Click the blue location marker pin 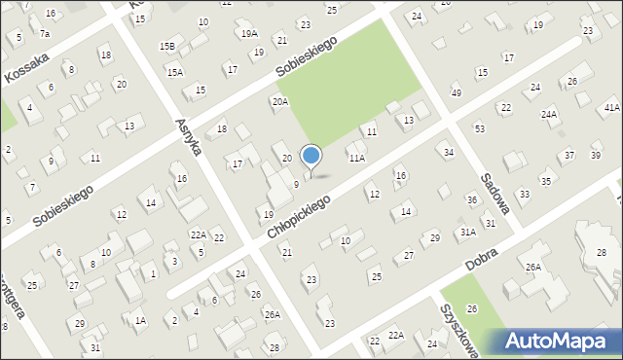[x=311, y=157]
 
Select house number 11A [x=357, y=158]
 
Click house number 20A [x=280, y=101]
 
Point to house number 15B [x=167, y=46]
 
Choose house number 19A [x=250, y=33]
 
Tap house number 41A [x=611, y=107]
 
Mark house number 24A [x=550, y=115]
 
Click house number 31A [x=468, y=232]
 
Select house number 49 [x=457, y=92]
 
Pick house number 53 [x=479, y=128]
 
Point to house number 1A [x=140, y=320]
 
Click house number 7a [x=44, y=34]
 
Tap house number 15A [x=174, y=72]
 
